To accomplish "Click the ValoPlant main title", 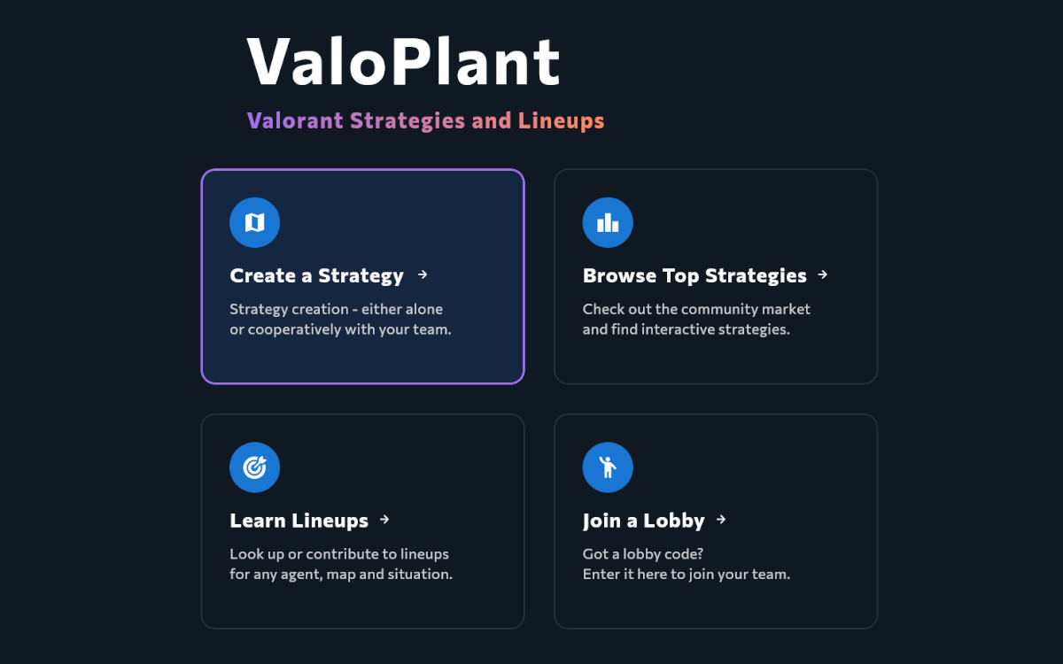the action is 403,62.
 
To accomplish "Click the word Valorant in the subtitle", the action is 295,121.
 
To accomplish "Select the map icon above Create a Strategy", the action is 254,222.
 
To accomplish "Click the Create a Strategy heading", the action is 316,276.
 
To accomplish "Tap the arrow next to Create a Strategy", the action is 423,274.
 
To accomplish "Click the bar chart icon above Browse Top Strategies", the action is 608,222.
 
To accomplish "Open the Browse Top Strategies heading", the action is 694,276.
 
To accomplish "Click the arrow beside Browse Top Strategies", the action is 823,274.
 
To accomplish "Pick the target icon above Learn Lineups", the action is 254,467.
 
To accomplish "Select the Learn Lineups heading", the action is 299,521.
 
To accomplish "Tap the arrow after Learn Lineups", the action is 384,520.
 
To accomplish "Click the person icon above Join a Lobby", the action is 608,467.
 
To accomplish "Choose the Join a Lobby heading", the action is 643,521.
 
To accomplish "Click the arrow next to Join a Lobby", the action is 721,520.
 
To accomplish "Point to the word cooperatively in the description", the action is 294,329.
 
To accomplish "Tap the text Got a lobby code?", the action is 643,554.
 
